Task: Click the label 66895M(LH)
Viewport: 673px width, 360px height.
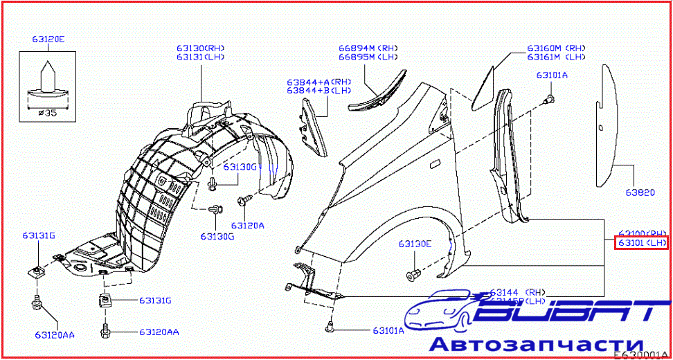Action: click(366, 57)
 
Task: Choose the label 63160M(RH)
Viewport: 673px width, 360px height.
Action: click(556, 48)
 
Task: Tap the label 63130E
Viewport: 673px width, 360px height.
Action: click(415, 244)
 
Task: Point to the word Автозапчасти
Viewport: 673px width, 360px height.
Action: click(537, 344)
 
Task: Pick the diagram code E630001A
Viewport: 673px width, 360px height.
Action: click(641, 355)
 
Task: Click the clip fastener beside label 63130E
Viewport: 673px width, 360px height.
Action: click(414, 274)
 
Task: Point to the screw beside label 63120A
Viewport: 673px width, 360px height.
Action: click(244, 201)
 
